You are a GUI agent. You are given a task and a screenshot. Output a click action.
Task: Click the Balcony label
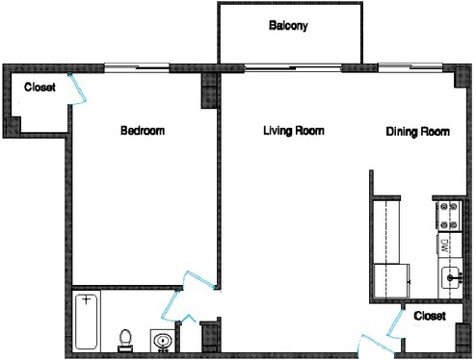pyautogui.click(x=288, y=27)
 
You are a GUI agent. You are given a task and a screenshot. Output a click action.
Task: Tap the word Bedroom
pyautogui.click(x=141, y=132)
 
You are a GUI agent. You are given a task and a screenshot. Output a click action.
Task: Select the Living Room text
pyautogui.click(x=293, y=132)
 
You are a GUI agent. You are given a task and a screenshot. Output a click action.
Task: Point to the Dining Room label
pyautogui.click(x=416, y=132)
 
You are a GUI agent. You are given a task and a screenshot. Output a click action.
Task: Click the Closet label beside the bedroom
pyautogui.click(x=40, y=88)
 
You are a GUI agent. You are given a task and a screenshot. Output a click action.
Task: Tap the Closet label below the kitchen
pyautogui.click(x=430, y=316)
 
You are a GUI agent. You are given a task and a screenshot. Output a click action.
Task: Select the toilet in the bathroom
pyautogui.click(x=124, y=338)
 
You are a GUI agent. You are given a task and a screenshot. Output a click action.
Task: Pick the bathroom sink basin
pyautogui.click(x=161, y=341)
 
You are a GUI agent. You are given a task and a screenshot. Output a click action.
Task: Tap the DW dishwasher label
pyautogui.click(x=445, y=246)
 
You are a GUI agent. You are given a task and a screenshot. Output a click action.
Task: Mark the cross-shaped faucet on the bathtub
pyautogui.click(x=88, y=300)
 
